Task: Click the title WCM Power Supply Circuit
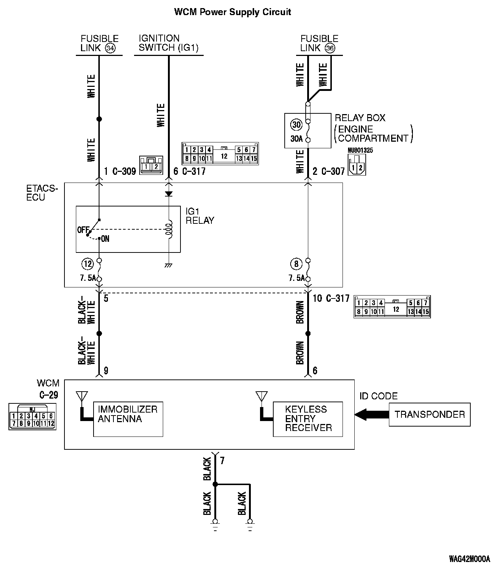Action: (232, 12)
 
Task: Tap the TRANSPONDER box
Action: (429, 415)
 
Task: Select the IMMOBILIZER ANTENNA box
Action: (128, 419)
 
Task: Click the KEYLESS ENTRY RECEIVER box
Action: (308, 419)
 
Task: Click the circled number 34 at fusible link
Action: (110, 48)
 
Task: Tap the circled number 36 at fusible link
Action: (330, 48)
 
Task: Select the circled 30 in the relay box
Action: (296, 125)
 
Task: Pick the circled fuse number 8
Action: (296, 264)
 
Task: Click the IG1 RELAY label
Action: (200, 216)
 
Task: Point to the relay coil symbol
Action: (169, 230)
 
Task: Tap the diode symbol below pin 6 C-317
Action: (169, 194)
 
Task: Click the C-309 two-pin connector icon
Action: (151, 165)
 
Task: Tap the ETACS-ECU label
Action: (42, 193)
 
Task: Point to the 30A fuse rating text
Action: (297, 139)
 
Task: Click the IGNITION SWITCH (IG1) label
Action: (168, 43)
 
